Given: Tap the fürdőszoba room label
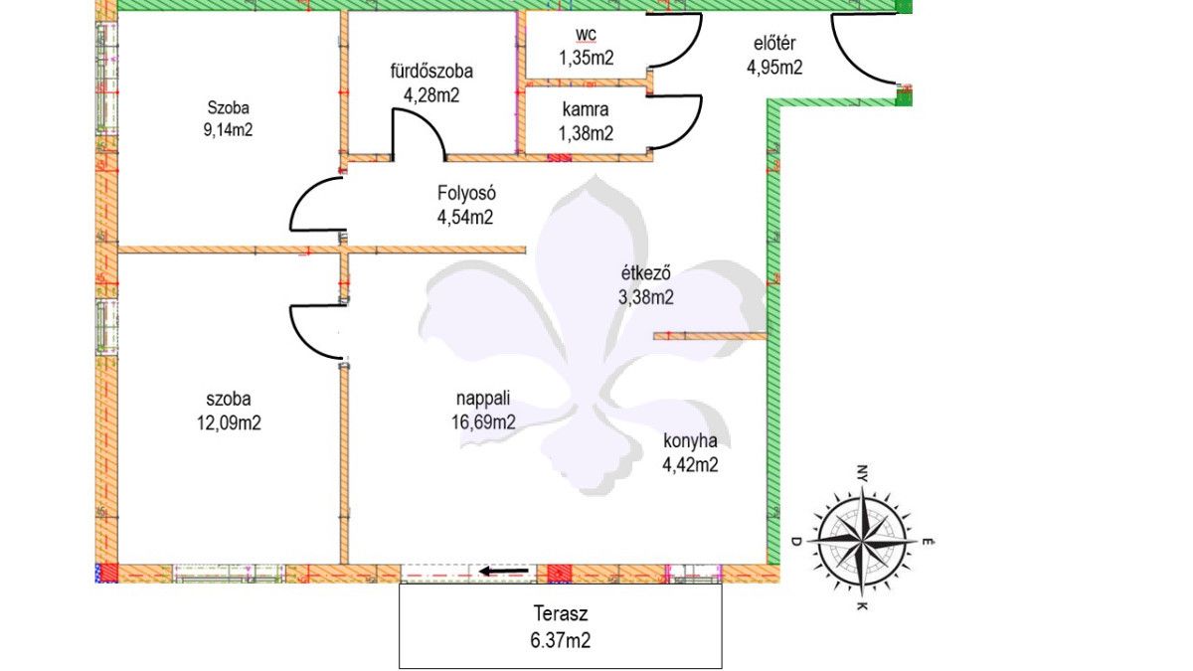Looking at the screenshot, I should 430,72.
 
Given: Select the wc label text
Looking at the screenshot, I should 586,39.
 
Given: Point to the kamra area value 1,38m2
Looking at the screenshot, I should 587,133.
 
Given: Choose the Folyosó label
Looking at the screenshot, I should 466,193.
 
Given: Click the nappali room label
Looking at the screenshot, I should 483,399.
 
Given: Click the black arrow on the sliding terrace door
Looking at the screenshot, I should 503,572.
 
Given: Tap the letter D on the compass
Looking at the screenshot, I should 796,541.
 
